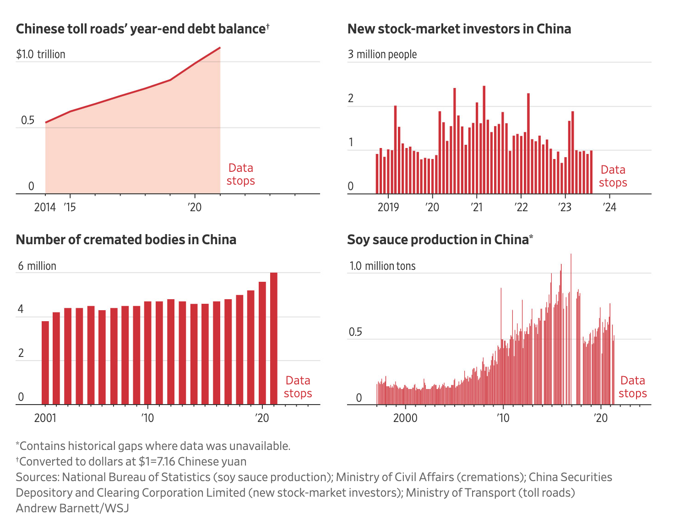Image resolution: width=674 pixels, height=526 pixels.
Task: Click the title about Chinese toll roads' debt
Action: click(142, 29)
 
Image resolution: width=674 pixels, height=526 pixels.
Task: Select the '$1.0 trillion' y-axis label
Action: click(41, 54)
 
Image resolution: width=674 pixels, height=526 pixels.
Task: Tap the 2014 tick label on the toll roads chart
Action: click(45, 207)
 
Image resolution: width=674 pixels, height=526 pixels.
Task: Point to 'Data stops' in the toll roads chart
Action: click(240, 174)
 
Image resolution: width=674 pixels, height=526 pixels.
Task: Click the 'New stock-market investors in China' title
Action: click(459, 29)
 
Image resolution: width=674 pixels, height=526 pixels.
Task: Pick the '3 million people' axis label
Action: click(382, 54)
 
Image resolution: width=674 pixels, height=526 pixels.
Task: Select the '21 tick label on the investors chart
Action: click(477, 207)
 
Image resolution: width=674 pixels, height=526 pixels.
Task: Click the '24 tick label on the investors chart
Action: click(609, 207)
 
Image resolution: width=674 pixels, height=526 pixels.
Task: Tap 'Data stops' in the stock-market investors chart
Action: click(613, 176)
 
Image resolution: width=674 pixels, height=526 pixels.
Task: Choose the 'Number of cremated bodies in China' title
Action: click(126, 240)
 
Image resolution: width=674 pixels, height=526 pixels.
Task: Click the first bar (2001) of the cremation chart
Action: click(45, 362)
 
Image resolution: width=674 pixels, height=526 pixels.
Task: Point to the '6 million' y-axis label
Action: click(37, 266)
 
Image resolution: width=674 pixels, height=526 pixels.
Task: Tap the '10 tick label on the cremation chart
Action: click(147, 418)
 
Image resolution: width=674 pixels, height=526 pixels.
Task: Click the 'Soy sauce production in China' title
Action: click(440, 240)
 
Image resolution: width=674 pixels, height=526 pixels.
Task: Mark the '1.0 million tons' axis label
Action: click(382, 266)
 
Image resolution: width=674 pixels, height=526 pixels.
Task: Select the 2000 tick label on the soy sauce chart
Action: click(405, 418)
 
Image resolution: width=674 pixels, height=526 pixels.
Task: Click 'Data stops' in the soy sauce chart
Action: click(632, 387)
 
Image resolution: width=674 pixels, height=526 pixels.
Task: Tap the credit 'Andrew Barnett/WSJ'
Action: click(72, 508)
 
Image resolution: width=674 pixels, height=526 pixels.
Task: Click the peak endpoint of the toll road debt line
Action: click(220, 48)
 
